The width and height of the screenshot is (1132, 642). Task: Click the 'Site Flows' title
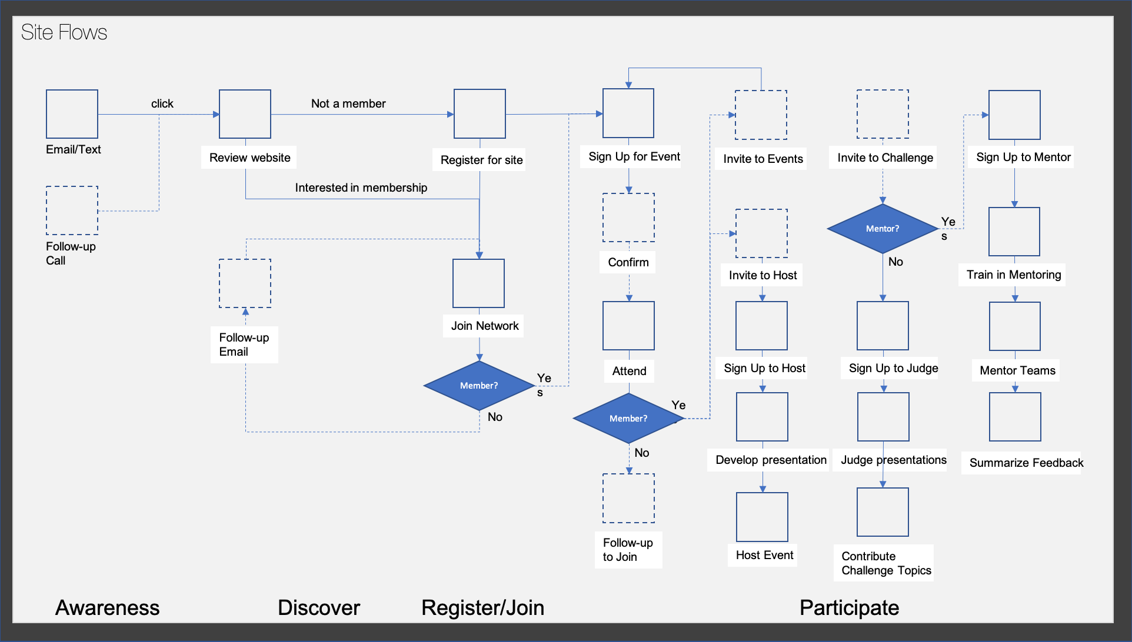pyautogui.click(x=64, y=32)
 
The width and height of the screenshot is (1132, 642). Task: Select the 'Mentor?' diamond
pyautogui.click(x=882, y=229)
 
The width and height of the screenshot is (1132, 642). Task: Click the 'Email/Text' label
pyautogui.click(x=73, y=149)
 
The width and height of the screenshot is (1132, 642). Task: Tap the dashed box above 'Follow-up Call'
pyautogui.click(x=72, y=210)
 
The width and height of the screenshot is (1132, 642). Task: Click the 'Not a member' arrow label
pyautogui.click(x=348, y=103)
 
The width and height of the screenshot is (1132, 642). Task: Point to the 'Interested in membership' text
pyautogui.click(x=361, y=188)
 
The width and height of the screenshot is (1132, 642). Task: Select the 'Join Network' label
pyautogui.click(x=484, y=326)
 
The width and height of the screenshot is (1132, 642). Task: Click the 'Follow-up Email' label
pyautogui.click(x=244, y=345)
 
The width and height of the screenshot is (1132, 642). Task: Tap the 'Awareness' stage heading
pyautogui.click(x=107, y=607)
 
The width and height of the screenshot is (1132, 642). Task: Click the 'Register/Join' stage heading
pyautogui.click(x=482, y=607)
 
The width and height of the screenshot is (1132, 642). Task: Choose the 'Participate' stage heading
pyautogui.click(x=848, y=607)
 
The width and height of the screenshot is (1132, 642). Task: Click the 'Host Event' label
pyautogui.click(x=764, y=555)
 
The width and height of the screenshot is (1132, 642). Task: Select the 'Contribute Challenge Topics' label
pyautogui.click(x=885, y=563)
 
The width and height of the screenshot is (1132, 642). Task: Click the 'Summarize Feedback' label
pyautogui.click(x=1026, y=463)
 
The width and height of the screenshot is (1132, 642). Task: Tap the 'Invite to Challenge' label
pyautogui.click(x=884, y=158)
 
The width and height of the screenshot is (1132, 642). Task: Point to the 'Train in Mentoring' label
pyautogui.click(x=1013, y=275)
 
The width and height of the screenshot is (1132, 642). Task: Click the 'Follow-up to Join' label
pyautogui.click(x=627, y=550)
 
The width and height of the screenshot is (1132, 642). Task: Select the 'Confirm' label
pyautogui.click(x=628, y=262)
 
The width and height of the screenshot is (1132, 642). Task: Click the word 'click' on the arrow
pyautogui.click(x=162, y=103)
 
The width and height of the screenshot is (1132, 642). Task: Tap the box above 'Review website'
pyautogui.click(x=245, y=114)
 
